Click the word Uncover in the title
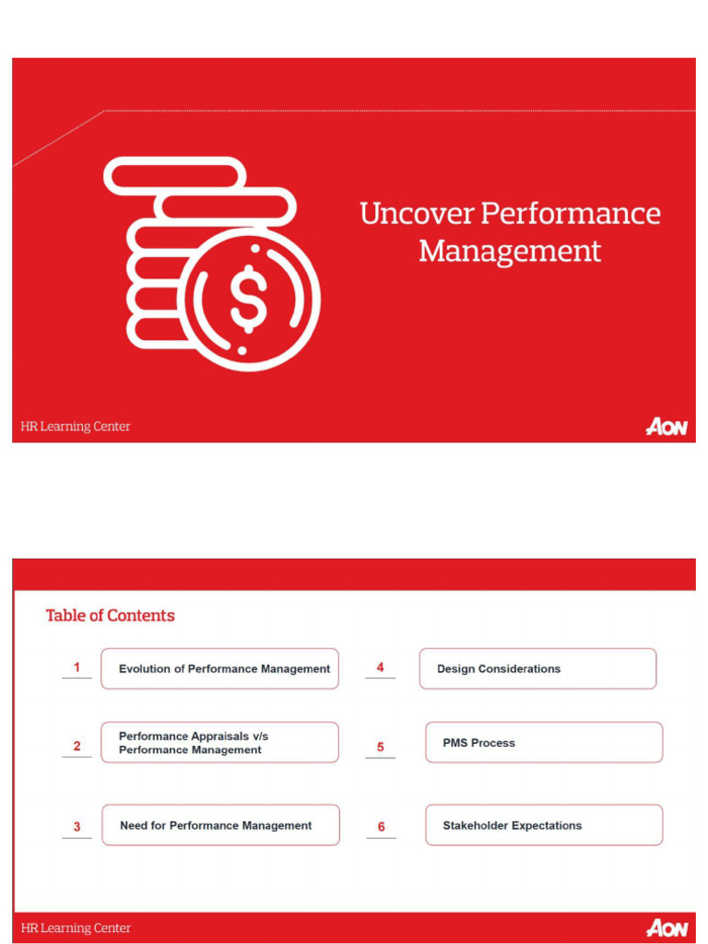416,214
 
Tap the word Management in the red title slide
510,251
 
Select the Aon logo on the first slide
667,427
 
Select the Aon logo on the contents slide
667,927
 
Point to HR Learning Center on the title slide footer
76,427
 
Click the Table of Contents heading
111,616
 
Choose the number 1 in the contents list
77,667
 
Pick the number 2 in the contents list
77,747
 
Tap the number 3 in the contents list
77,827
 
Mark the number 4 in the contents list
380,667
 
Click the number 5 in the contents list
380,748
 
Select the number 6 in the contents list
381,827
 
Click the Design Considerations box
537,669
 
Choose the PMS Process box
544,743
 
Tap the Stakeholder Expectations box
544,826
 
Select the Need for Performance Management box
220,826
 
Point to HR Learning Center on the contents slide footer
76,928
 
